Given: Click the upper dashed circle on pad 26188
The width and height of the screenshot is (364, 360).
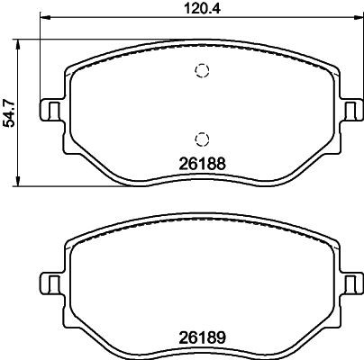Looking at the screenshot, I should point(203,73).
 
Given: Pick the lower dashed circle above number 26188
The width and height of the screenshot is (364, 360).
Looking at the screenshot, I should point(203,138).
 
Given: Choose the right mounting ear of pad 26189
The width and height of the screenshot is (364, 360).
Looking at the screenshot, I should point(349,283).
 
